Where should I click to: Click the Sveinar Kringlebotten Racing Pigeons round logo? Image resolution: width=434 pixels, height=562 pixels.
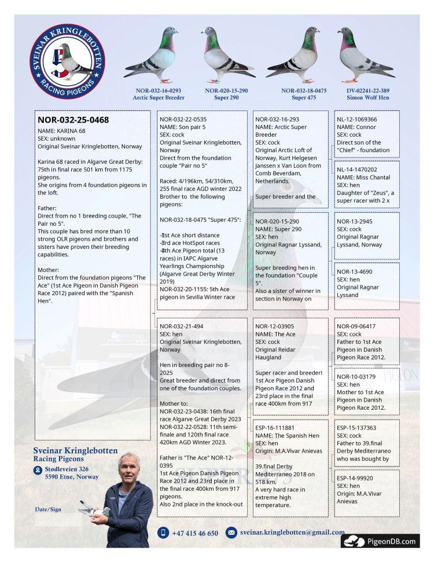click(67, 61)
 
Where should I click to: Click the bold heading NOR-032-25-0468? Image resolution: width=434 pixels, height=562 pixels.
click(73, 120)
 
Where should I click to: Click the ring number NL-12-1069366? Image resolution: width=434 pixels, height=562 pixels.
click(357, 119)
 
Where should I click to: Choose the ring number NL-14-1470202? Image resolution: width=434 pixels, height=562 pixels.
click(357, 170)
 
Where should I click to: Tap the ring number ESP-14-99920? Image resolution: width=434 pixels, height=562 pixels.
click(355, 478)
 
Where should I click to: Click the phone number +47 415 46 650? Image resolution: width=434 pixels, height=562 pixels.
click(195, 533)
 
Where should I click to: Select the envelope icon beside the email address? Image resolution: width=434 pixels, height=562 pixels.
click(231, 532)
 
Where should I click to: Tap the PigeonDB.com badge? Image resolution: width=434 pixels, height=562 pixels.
click(380, 541)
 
